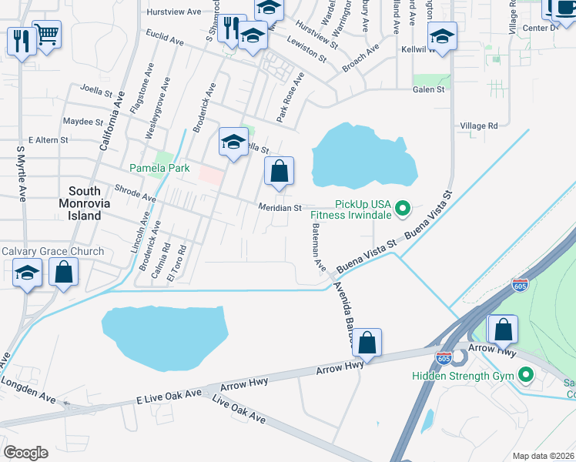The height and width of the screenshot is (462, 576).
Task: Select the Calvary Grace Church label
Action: [x=52, y=252]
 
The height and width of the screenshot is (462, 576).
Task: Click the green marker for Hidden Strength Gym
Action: [x=527, y=376]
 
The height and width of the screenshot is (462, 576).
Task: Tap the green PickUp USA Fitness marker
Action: [x=401, y=208]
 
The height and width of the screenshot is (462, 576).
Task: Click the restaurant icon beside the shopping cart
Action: [x=21, y=40]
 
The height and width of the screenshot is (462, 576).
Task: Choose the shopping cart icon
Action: [x=47, y=34]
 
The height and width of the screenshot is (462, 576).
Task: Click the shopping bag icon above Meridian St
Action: [x=279, y=171]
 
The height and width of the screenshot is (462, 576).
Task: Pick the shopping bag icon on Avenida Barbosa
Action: [x=368, y=343]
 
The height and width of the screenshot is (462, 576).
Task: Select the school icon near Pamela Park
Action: [x=233, y=142]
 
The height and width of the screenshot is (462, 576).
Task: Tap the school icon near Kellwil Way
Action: [x=443, y=36]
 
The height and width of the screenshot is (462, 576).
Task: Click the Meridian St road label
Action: [x=280, y=208]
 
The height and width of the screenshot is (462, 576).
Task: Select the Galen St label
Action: [x=429, y=89]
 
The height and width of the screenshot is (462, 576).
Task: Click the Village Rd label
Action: [x=478, y=126]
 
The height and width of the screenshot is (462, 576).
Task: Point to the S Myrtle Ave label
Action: [x=22, y=171]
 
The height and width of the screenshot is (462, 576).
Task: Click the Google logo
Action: [x=25, y=453]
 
